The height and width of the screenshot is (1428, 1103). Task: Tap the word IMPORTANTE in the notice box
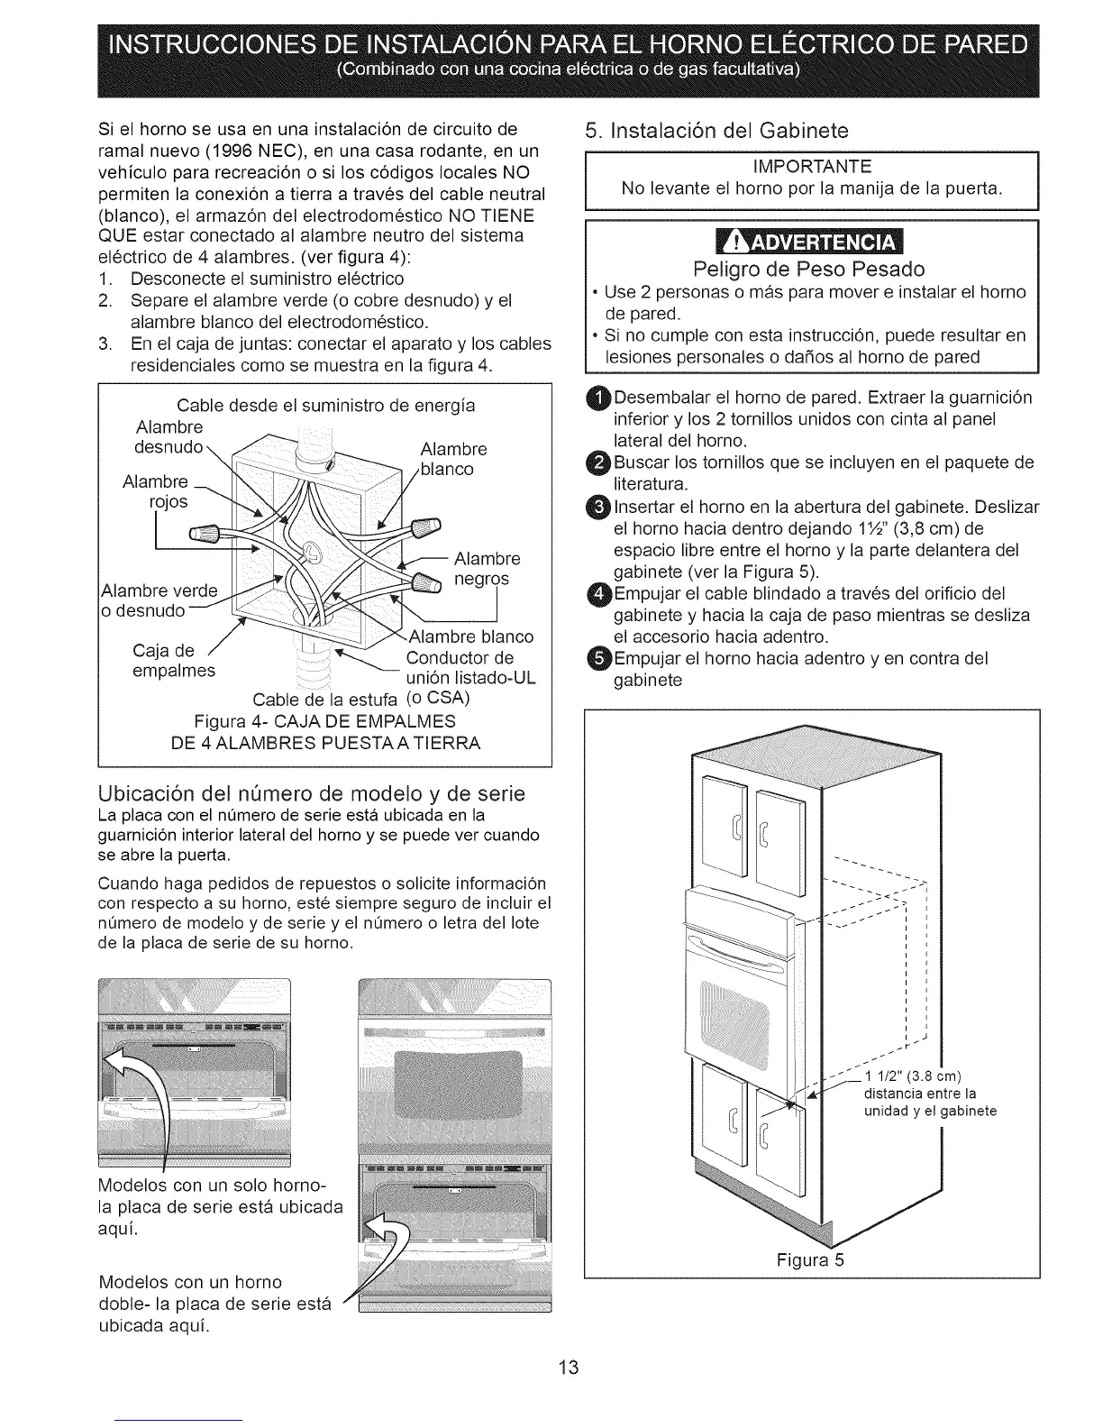[x=812, y=167]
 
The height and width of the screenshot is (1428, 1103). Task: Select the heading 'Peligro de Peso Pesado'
[x=809, y=270]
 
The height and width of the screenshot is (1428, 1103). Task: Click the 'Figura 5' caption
[x=811, y=1259]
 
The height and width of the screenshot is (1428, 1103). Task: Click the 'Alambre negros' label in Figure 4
[x=487, y=568]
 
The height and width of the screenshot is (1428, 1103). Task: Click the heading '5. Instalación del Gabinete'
[x=716, y=131]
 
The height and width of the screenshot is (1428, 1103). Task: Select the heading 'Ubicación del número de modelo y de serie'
[x=311, y=793]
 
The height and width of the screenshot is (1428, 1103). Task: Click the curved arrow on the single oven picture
[x=144, y=1091]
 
